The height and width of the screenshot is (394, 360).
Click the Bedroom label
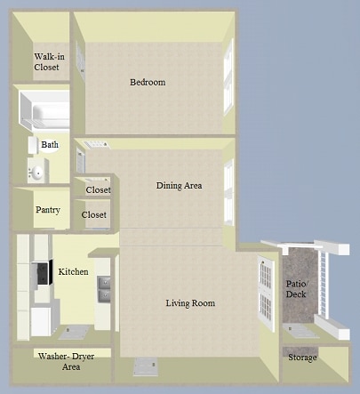[x=148, y=83]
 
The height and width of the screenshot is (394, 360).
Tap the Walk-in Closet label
[x=46, y=61]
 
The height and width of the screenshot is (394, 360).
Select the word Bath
[x=50, y=144]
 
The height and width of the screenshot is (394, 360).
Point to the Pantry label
[x=47, y=211]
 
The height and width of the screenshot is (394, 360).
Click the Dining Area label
[x=179, y=186]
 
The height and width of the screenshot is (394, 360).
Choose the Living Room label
[x=190, y=303]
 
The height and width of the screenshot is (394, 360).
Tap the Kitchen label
[x=73, y=270]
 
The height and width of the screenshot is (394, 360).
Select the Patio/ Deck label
[x=296, y=290]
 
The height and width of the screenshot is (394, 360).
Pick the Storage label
[x=302, y=358]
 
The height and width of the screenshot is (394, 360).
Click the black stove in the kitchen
[x=42, y=275]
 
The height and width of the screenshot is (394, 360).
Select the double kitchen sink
[x=104, y=288]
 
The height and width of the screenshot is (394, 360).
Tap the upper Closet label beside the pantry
[x=98, y=190]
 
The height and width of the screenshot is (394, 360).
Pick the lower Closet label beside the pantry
[x=93, y=214]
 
